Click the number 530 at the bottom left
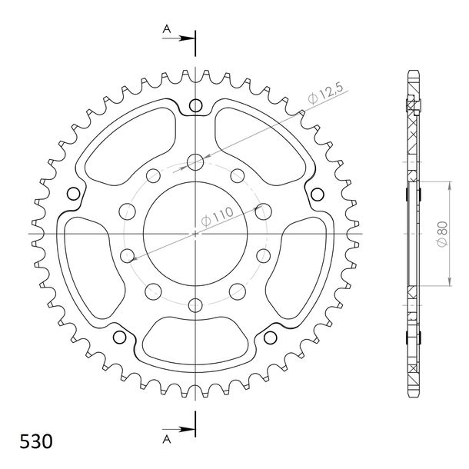(36, 441)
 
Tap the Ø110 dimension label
(217, 216)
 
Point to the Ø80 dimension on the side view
(442, 234)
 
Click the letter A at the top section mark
(167, 29)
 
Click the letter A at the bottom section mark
(167, 439)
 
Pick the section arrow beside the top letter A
(178, 38)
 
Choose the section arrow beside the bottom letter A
(178, 429)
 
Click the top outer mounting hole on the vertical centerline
(195, 105)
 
